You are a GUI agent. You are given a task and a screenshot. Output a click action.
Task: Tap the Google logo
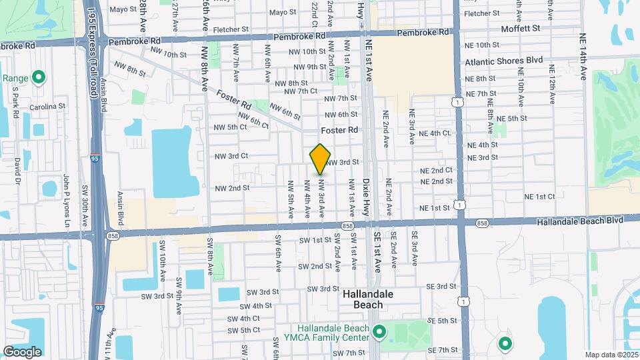[x=22, y=351]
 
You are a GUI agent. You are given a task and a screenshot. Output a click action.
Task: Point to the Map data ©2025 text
[x=610, y=355]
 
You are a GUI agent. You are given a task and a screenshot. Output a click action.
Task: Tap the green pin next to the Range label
[x=38, y=78]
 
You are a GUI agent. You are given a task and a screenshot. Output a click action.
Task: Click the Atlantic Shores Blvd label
[x=504, y=60]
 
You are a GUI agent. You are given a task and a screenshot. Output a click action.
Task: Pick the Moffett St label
[x=520, y=29]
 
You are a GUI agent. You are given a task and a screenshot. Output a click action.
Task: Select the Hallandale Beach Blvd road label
[x=581, y=219]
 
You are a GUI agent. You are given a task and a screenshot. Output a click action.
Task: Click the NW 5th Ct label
[x=230, y=127]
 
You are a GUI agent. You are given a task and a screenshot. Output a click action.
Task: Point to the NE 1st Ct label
[x=539, y=197]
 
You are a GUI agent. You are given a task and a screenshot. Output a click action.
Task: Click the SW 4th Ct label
[x=244, y=319]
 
